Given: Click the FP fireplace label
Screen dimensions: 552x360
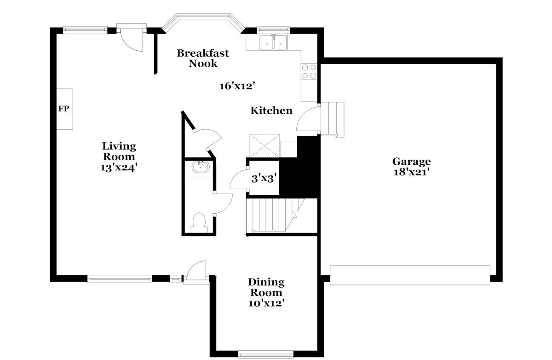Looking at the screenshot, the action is pos(63,109).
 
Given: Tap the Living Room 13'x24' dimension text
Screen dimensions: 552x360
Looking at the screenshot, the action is pos(119,168).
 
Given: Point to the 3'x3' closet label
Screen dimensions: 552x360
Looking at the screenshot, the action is pos(264,179).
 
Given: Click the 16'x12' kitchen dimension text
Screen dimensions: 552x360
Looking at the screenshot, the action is pos(237,86).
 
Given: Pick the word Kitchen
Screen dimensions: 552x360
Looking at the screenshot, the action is pos(271,110).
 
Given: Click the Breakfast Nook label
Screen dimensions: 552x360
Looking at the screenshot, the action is pos(203,58).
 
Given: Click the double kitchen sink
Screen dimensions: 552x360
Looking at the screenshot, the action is pos(274,42).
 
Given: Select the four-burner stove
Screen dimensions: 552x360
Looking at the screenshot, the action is pos(309,71).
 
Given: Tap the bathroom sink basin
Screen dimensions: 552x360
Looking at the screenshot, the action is pos(201,167).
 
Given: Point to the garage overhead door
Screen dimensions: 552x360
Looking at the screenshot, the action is pos(410,275).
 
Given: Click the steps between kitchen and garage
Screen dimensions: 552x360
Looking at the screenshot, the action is pos(333,119).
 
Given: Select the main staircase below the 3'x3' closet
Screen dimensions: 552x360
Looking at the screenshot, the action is pos(276,215).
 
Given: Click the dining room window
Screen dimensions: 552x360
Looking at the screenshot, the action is pos(266,355).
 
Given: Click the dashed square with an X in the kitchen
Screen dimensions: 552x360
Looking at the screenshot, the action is pos(264,146).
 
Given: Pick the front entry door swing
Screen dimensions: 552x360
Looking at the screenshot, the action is pos(196,271).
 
